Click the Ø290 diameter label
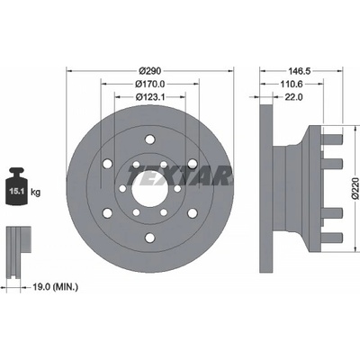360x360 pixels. pyautogui.click(x=150, y=71)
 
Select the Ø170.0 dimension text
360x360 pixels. pyautogui.click(x=150, y=84)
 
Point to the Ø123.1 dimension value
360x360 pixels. pyautogui.click(x=150, y=97)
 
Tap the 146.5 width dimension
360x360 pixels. pyautogui.click(x=299, y=71)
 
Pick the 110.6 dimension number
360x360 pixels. pyautogui.click(x=292, y=84)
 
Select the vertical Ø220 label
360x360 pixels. pyautogui.click(x=355, y=188)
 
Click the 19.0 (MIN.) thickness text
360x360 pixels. pyautogui.click(x=55, y=287)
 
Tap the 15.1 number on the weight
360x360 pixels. pyautogui.click(x=16, y=191)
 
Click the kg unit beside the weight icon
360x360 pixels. pyautogui.click(x=35, y=192)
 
